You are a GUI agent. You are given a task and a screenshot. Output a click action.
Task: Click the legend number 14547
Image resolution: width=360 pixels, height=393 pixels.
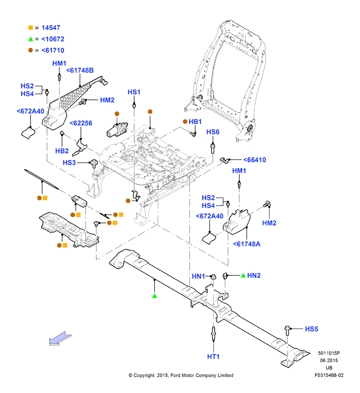(x=51, y=28)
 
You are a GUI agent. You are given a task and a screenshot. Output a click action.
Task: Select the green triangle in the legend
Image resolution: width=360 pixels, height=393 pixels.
(x=31, y=39)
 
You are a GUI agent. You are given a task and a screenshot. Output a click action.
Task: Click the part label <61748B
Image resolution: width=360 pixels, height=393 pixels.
(x=80, y=70)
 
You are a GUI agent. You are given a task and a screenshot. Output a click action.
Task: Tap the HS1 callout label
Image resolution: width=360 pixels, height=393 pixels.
(x=134, y=92)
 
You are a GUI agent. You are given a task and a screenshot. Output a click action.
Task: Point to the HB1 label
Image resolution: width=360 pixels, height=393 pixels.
(x=195, y=122)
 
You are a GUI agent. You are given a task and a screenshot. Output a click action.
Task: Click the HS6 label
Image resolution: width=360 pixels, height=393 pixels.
(x=213, y=132)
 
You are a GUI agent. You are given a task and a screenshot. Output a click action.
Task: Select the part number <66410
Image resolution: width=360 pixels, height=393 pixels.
(x=255, y=160)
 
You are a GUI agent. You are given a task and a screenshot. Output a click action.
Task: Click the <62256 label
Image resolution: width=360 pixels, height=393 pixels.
(x=81, y=123)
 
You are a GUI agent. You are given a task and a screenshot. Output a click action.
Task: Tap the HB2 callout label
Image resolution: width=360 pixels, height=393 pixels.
(x=62, y=151)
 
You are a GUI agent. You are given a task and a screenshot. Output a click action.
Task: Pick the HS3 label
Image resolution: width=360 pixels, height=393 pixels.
(x=69, y=163)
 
